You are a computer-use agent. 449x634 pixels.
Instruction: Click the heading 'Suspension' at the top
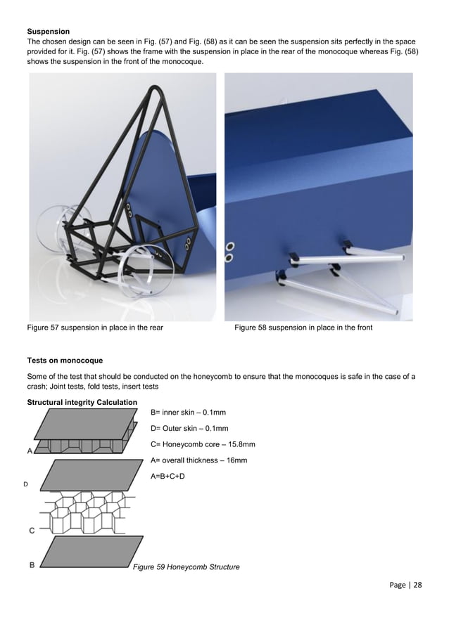pos(49,32)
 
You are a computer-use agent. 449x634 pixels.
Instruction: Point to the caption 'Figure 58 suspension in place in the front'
pos(303,328)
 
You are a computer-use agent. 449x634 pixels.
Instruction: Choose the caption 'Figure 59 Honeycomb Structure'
pos(186,567)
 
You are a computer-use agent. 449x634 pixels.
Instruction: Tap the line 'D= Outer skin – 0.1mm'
pos(189,428)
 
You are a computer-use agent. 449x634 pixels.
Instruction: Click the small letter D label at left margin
pos(26,485)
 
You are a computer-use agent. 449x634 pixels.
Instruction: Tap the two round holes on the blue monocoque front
pos(230,251)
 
